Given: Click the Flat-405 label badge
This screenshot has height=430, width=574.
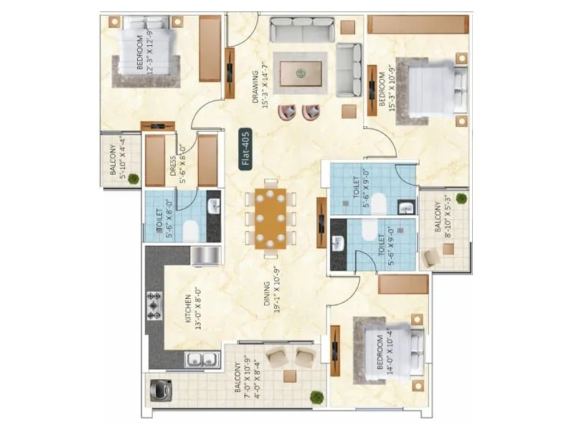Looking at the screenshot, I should point(245,148).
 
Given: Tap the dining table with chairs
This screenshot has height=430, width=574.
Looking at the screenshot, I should point(270,218).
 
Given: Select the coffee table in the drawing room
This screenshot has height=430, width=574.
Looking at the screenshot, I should point(301,73).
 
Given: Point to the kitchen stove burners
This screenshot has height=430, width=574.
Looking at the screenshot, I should point(154,305).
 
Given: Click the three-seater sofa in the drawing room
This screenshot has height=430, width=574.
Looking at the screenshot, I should point(301,31).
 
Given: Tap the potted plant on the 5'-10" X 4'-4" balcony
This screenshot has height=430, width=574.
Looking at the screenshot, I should point(133,179).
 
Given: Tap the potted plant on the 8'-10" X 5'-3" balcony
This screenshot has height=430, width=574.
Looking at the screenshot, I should point(461,197).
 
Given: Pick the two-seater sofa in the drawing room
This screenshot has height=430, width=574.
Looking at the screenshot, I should point(350,69).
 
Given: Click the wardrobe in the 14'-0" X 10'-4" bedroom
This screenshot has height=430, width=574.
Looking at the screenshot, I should point(403,285).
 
